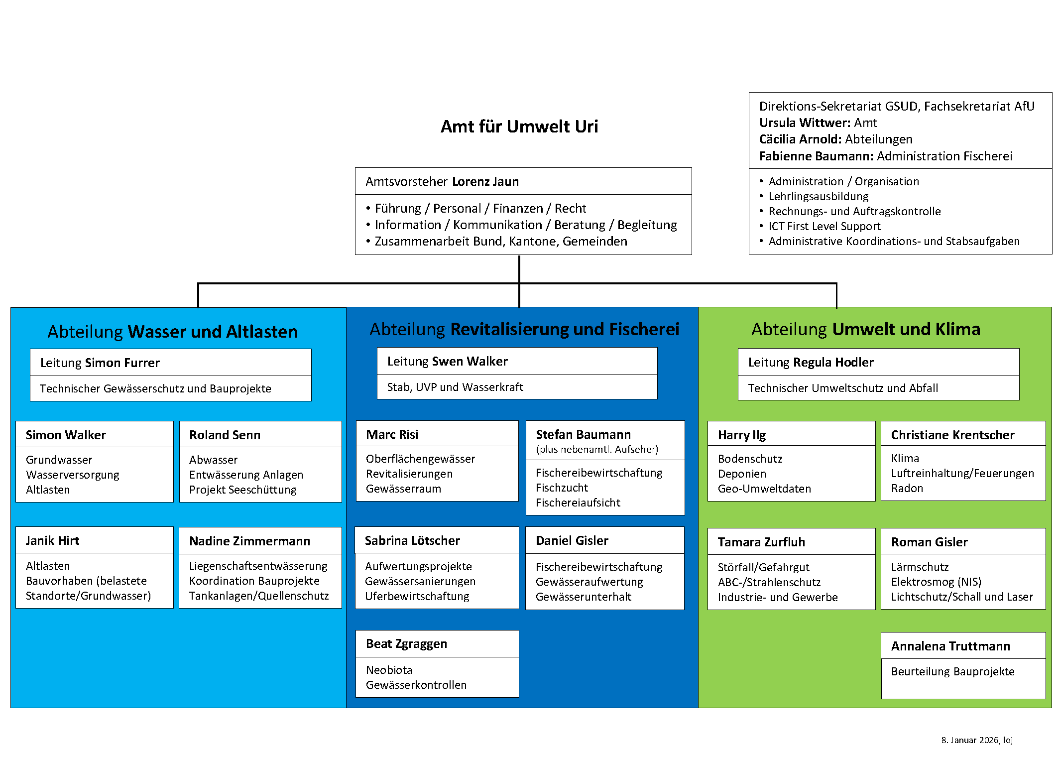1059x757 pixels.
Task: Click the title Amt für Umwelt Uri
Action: pyautogui.click(x=519, y=126)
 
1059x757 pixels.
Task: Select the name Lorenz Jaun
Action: pyautogui.click(x=485, y=182)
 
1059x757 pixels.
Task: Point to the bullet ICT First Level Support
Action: pyautogui.click(x=824, y=226)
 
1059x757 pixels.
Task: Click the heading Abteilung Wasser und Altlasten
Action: pyautogui.click(x=173, y=332)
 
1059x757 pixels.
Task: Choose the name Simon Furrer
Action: pyautogui.click(x=122, y=363)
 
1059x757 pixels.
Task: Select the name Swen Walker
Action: pyautogui.click(x=470, y=361)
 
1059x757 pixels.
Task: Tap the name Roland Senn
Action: pyautogui.click(x=225, y=435)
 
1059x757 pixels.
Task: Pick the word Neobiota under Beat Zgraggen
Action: pyautogui.click(x=389, y=670)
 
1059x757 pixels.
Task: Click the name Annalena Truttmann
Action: pyautogui.click(x=950, y=646)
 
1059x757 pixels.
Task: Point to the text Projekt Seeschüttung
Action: pyautogui.click(x=242, y=490)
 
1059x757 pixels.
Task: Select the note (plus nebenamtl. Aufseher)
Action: pyautogui.click(x=596, y=449)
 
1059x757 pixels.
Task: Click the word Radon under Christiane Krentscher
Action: pyautogui.click(x=907, y=488)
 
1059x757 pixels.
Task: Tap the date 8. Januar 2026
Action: pyautogui.click(x=969, y=740)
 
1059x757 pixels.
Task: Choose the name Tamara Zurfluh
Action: pyautogui.click(x=761, y=542)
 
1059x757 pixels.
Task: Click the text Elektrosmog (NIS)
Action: pyautogui.click(x=936, y=582)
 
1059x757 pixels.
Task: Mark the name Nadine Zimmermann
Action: pyautogui.click(x=249, y=541)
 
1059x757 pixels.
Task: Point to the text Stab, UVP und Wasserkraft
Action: pyautogui.click(x=455, y=387)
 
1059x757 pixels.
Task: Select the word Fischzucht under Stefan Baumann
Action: pyautogui.click(x=562, y=488)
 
